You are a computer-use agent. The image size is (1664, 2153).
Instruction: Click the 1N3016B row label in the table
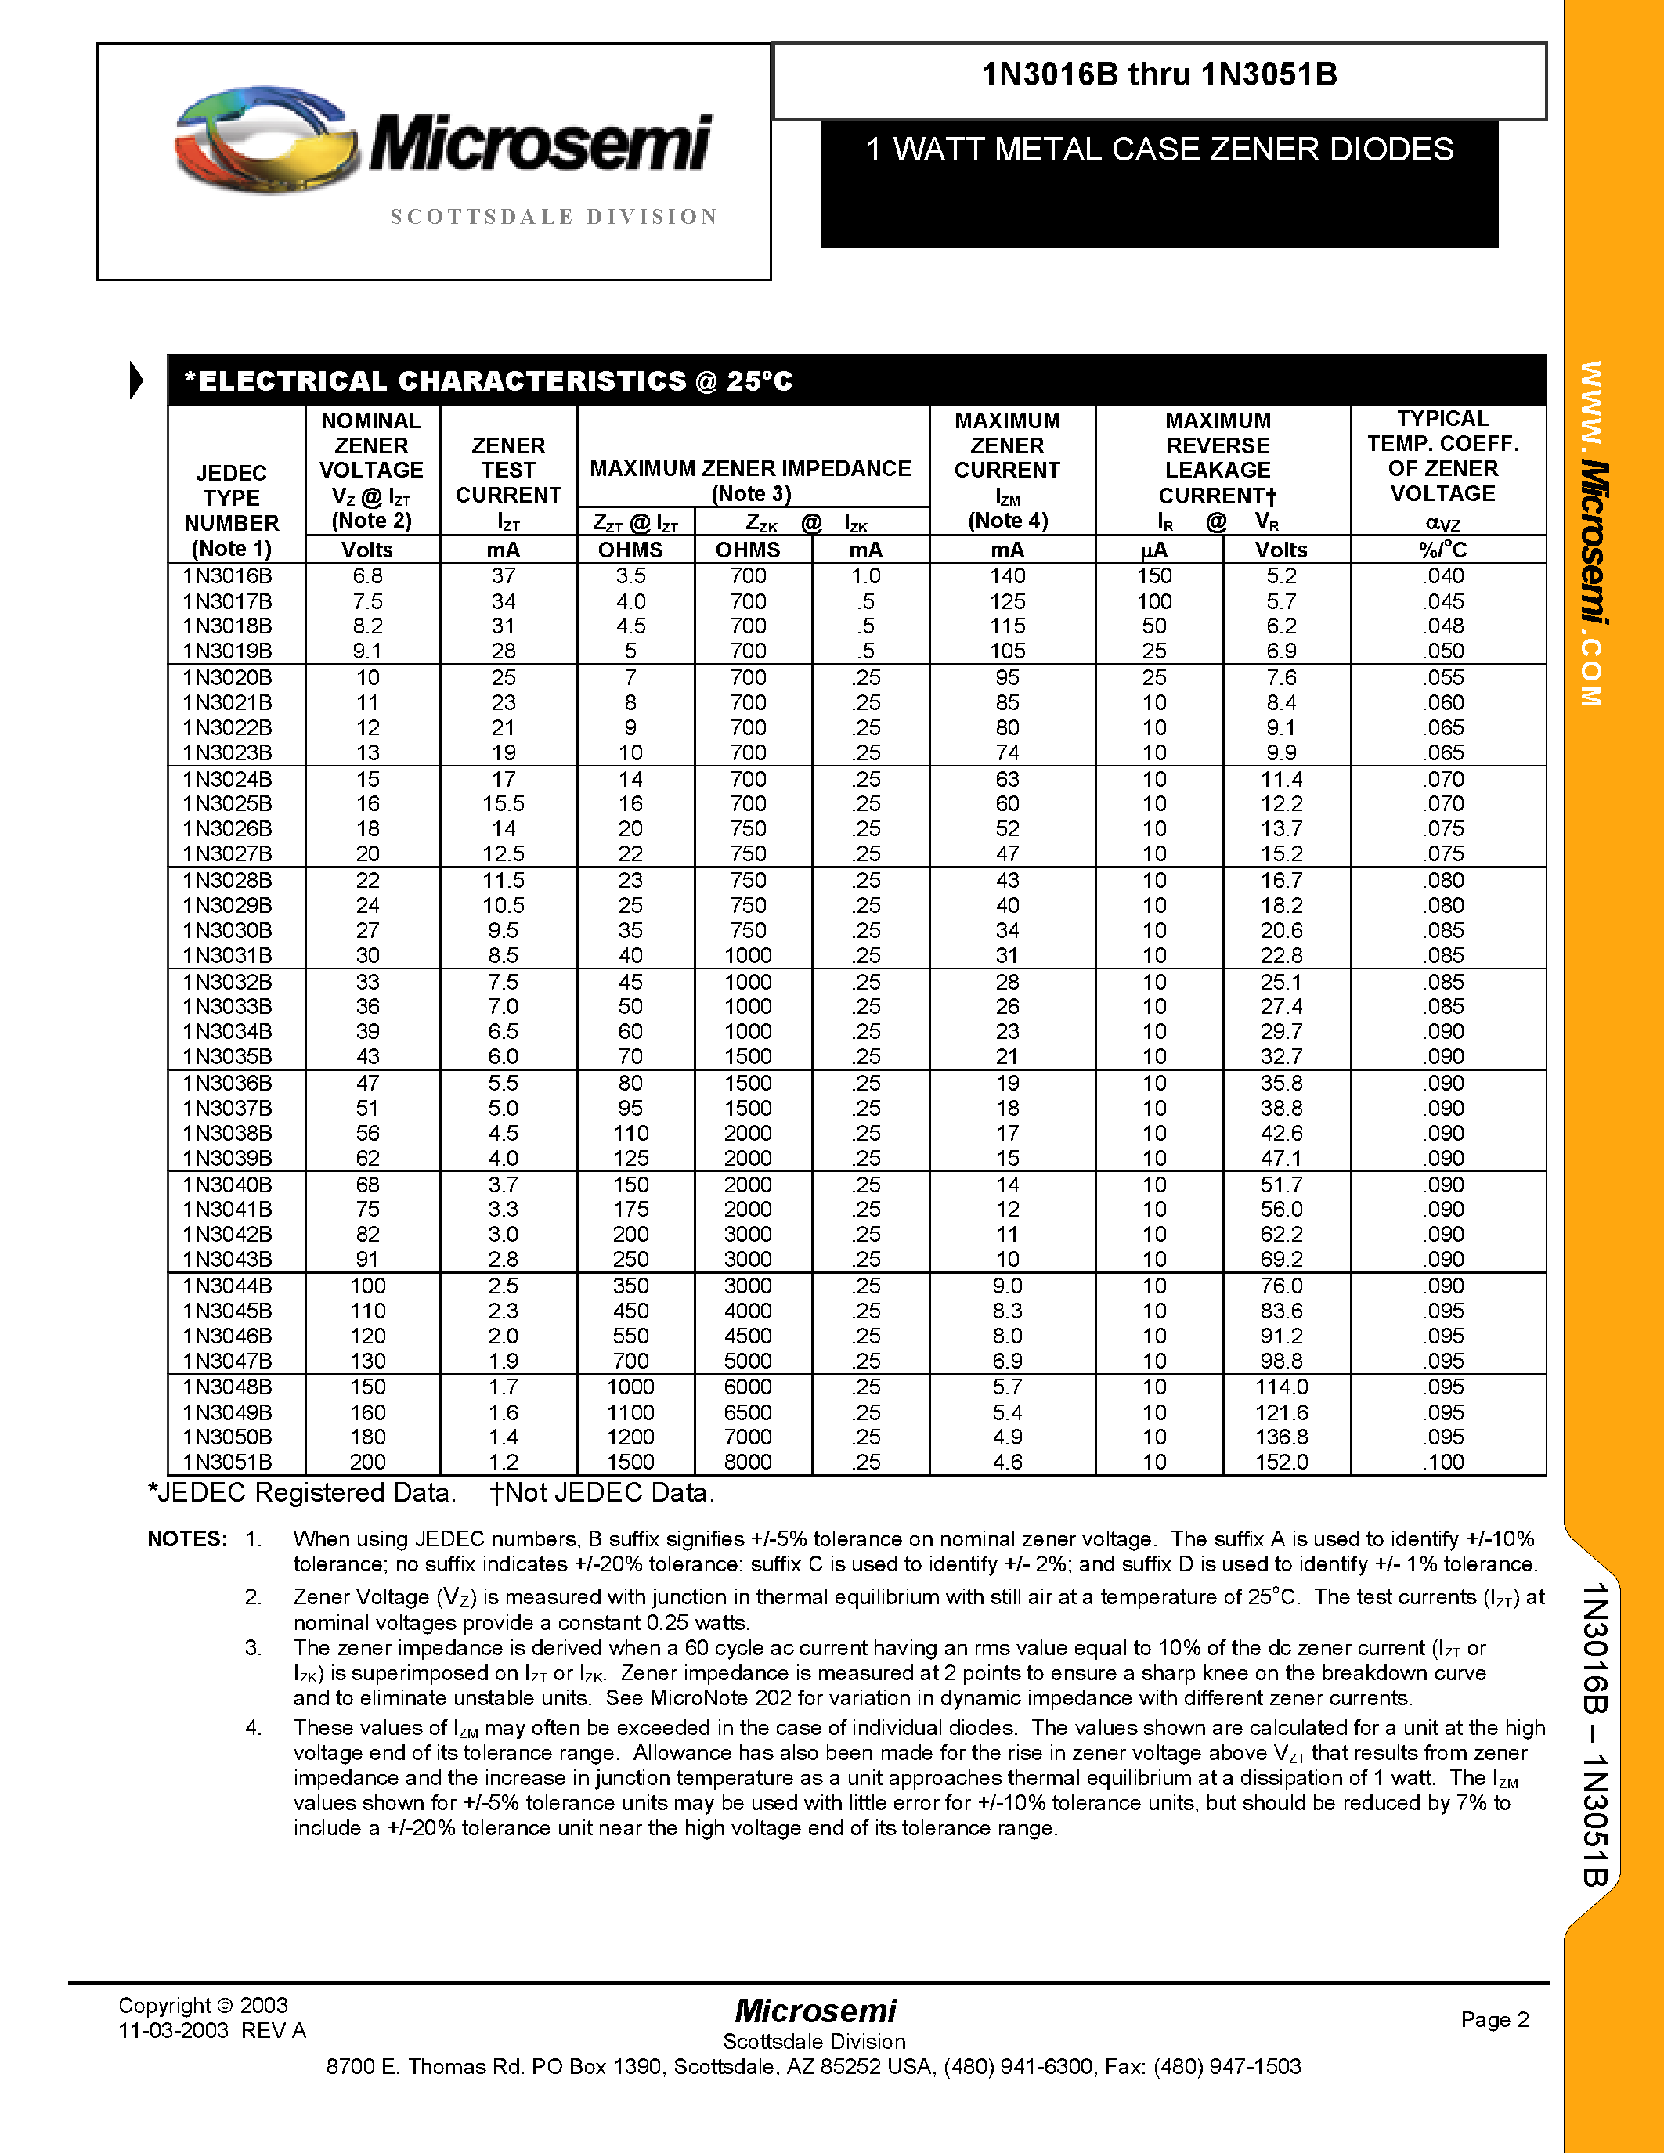click(x=227, y=575)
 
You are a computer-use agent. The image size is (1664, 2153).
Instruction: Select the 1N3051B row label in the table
click(x=227, y=1462)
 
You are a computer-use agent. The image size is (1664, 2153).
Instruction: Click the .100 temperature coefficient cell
click(x=1442, y=1462)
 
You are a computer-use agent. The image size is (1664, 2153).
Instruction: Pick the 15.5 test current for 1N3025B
click(x=503, y=803)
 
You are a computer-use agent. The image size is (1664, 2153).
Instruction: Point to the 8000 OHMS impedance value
click(x=747, y=1462)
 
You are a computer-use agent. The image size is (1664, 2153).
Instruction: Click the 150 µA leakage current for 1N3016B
click(x=1153, y=575)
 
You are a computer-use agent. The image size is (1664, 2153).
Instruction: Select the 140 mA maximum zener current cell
click(x=1006, y=575)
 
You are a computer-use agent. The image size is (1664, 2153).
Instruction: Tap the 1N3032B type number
click(x=227, y=982)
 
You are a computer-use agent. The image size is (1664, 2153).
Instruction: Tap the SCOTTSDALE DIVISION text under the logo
click(x=554, y=217)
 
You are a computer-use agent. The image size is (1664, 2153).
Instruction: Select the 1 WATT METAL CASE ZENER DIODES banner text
click(x=1158, y=150)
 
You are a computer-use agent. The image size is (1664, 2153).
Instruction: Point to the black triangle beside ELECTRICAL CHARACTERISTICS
click(x=136, y=380)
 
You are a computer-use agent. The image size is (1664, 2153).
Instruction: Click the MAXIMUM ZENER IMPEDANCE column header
click(x=750, y=469)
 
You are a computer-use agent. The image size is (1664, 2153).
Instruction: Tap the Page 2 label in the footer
click(x=1494, y=2019)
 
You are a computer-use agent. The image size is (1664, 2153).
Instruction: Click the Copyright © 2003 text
click(x=203, y=2005)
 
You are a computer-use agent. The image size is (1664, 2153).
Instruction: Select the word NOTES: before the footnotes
click(x=187, y=1539)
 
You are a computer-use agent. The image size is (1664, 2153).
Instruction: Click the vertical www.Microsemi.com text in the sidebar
click(x=1592, y=533)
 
